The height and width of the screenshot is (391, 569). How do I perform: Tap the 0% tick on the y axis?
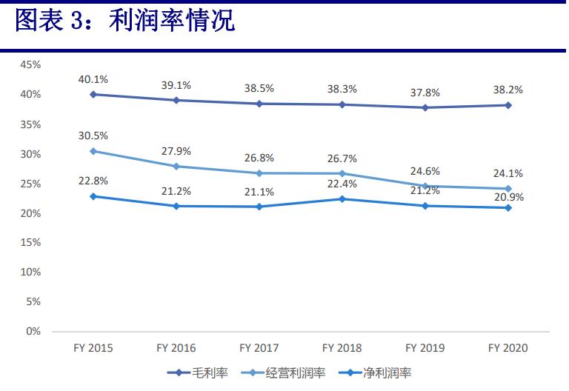(33, 331)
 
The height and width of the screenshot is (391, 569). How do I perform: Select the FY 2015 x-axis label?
(93, 348)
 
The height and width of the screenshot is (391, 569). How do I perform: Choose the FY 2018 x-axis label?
(342, 348)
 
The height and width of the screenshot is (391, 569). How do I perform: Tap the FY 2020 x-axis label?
(508, 348)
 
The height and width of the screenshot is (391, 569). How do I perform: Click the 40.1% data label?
(93, 79)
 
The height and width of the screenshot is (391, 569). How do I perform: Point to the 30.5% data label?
(93, 136)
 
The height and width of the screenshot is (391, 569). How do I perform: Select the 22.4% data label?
(342, 184)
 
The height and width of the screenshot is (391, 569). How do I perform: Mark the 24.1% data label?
(508, 173)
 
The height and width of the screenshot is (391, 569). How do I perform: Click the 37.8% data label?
(425, 93)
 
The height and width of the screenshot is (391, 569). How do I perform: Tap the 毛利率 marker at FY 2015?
(93, 94)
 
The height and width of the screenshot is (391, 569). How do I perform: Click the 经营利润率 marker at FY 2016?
(176, 166)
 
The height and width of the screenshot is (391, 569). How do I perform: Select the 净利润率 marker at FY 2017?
(259, 207)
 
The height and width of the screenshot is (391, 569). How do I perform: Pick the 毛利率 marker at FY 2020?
(508, 105)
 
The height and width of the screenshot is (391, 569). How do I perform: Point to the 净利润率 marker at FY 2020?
(508, 207)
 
